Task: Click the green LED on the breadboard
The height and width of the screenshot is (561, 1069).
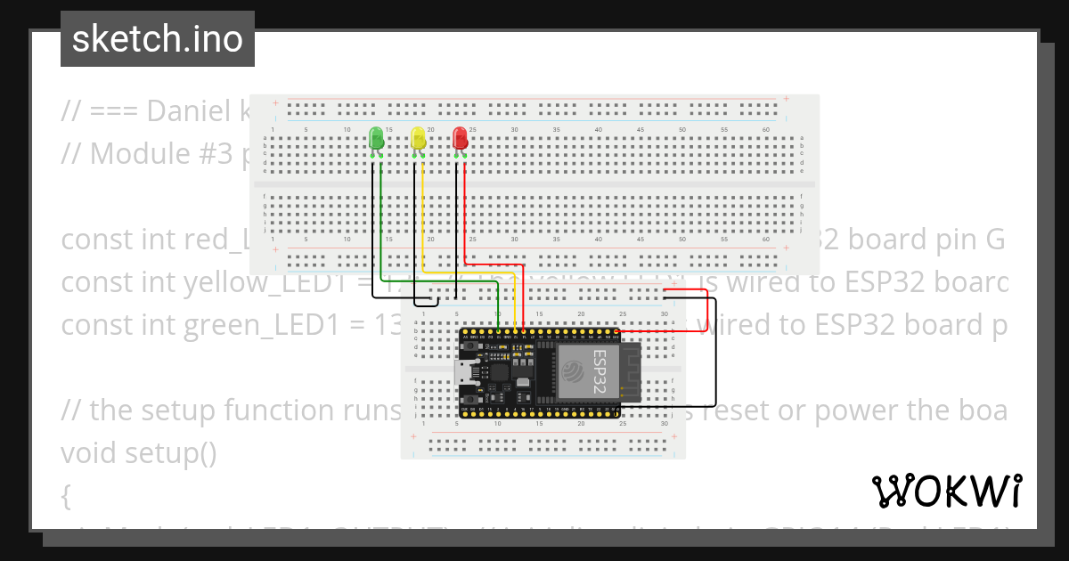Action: pos(376,138)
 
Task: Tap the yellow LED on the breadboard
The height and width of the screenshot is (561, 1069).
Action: pos(418,138)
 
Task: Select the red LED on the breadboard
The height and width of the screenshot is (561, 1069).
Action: pos(460,138)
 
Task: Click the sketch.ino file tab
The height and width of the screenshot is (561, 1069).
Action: pos(158,39)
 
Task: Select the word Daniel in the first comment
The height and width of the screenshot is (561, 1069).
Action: pos(192,110)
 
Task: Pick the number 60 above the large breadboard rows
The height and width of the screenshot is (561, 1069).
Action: pos(767,130)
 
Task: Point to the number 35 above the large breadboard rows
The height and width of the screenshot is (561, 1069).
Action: pos(557,130)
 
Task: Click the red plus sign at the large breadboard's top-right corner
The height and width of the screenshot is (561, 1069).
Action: pos(786,99)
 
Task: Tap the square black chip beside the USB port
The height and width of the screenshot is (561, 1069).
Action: pos(499,373)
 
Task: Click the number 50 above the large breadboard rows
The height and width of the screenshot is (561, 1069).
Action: pos(682,130)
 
